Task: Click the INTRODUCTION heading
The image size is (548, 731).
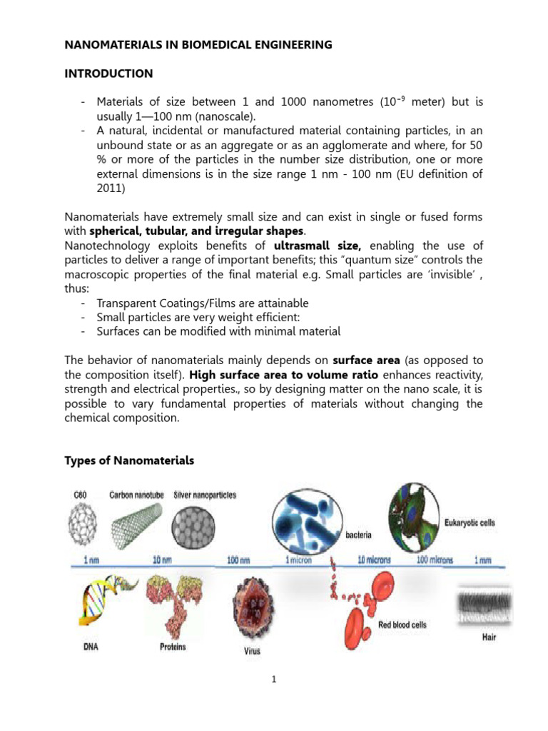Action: tap(108, 74)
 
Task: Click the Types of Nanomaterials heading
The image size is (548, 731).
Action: tap(129, 460)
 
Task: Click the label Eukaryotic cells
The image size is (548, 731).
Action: tap(470, 523)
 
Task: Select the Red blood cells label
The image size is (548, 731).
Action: tap(402, 625)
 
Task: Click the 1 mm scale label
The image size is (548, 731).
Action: tap(486, 560)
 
